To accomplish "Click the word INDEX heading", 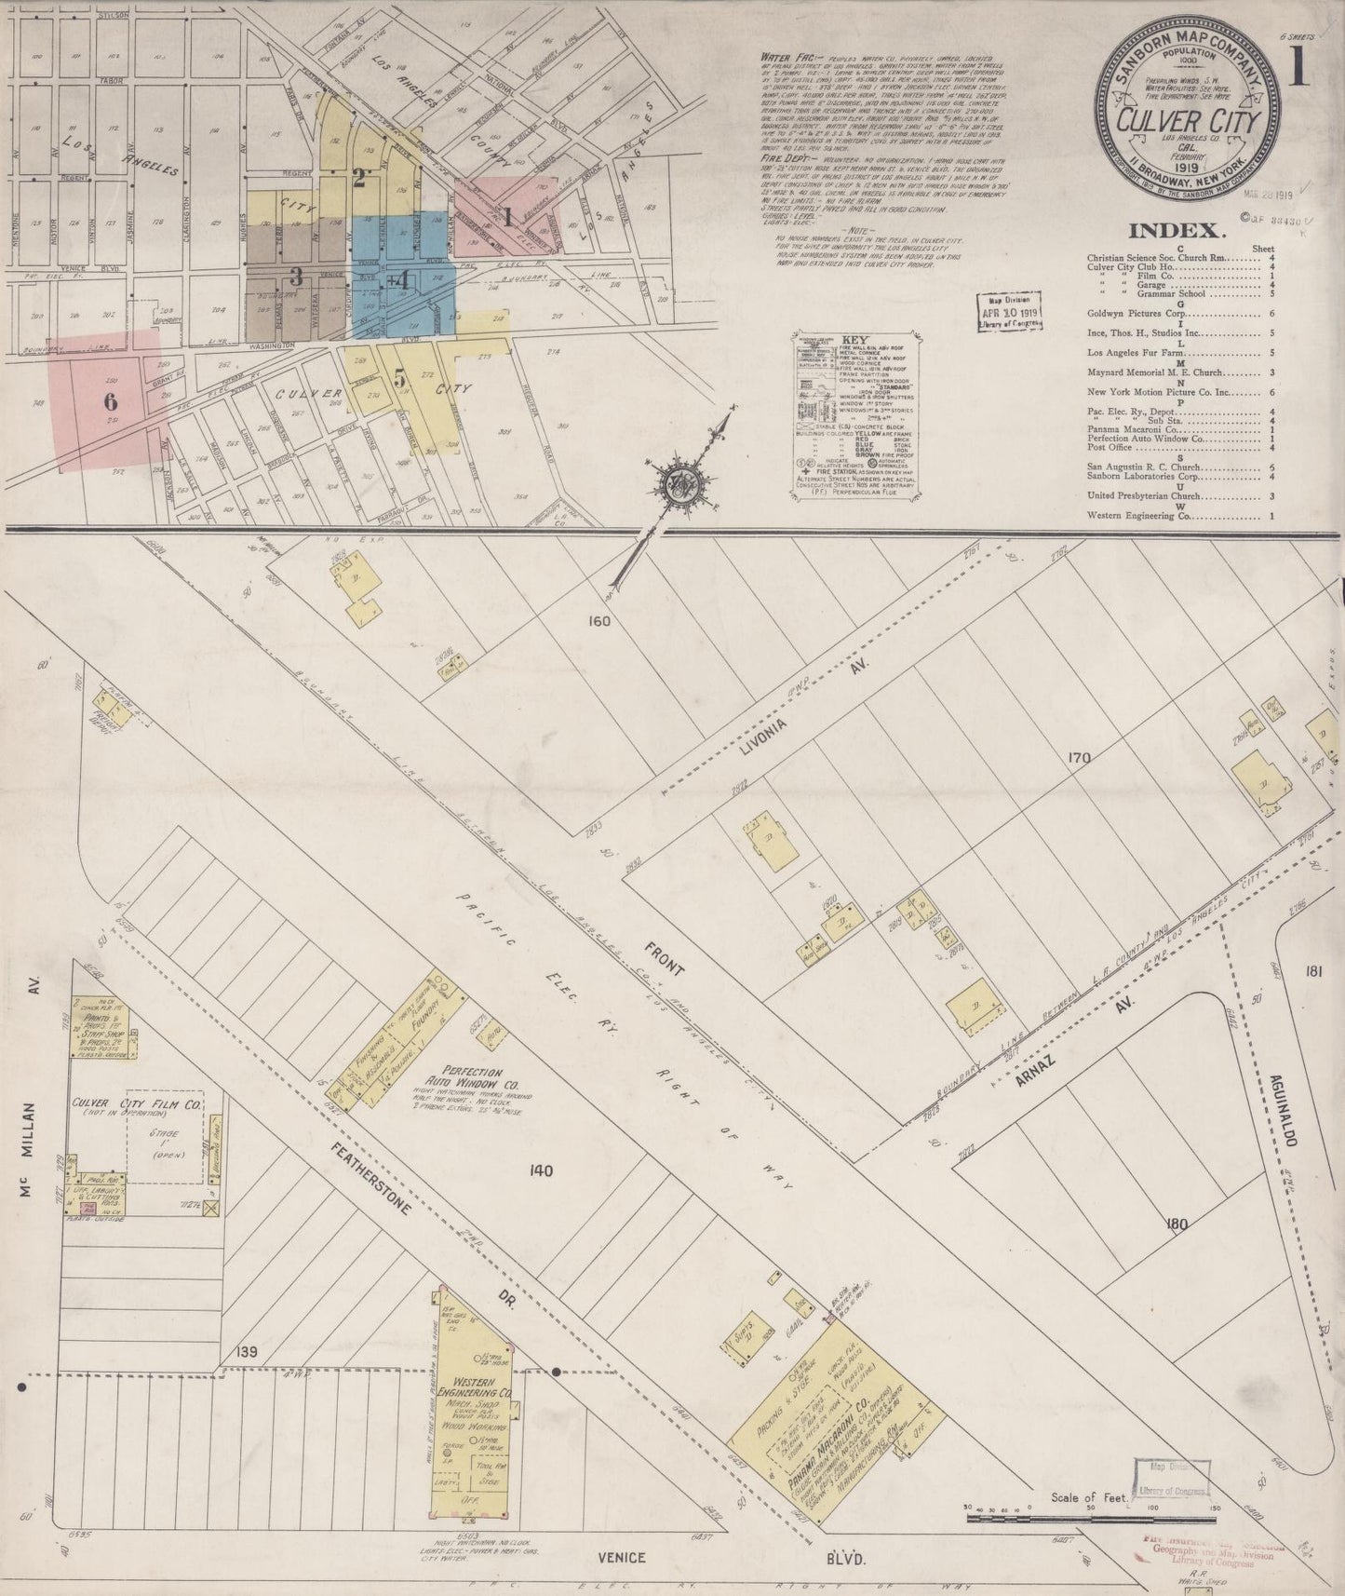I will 1173,232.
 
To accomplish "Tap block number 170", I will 1079,758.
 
